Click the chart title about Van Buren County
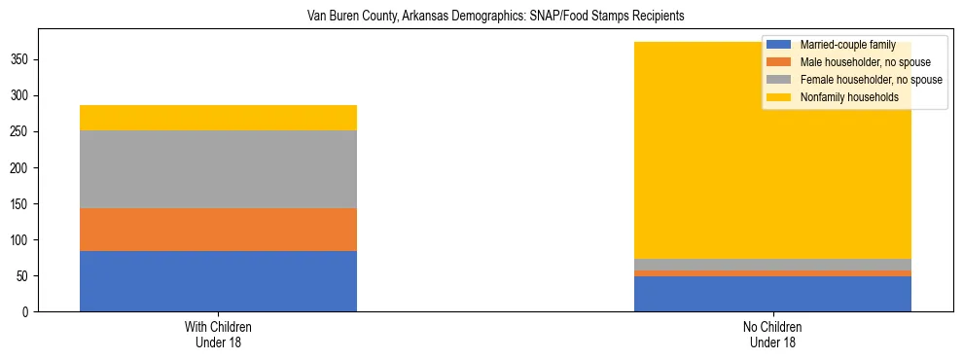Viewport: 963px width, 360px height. pyautogui.click(x=481, y=17)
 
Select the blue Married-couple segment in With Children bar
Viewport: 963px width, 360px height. pyautogui.click(x=218, y=281)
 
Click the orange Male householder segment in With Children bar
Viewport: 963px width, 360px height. pyautogui.click(x=218, y=230)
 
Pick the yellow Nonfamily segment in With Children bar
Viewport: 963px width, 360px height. pyautogui.click(x=218, y=118)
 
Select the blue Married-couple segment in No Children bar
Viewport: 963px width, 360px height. pyautogui.click(x=772, y=294)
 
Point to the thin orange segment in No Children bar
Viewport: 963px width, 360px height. pyautogui.click(x=772, y=273)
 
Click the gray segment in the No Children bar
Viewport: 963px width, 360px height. pyautogui.click(x=772, y=265)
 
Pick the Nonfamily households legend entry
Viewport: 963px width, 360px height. pyautogui.click(x=842, y=97)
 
